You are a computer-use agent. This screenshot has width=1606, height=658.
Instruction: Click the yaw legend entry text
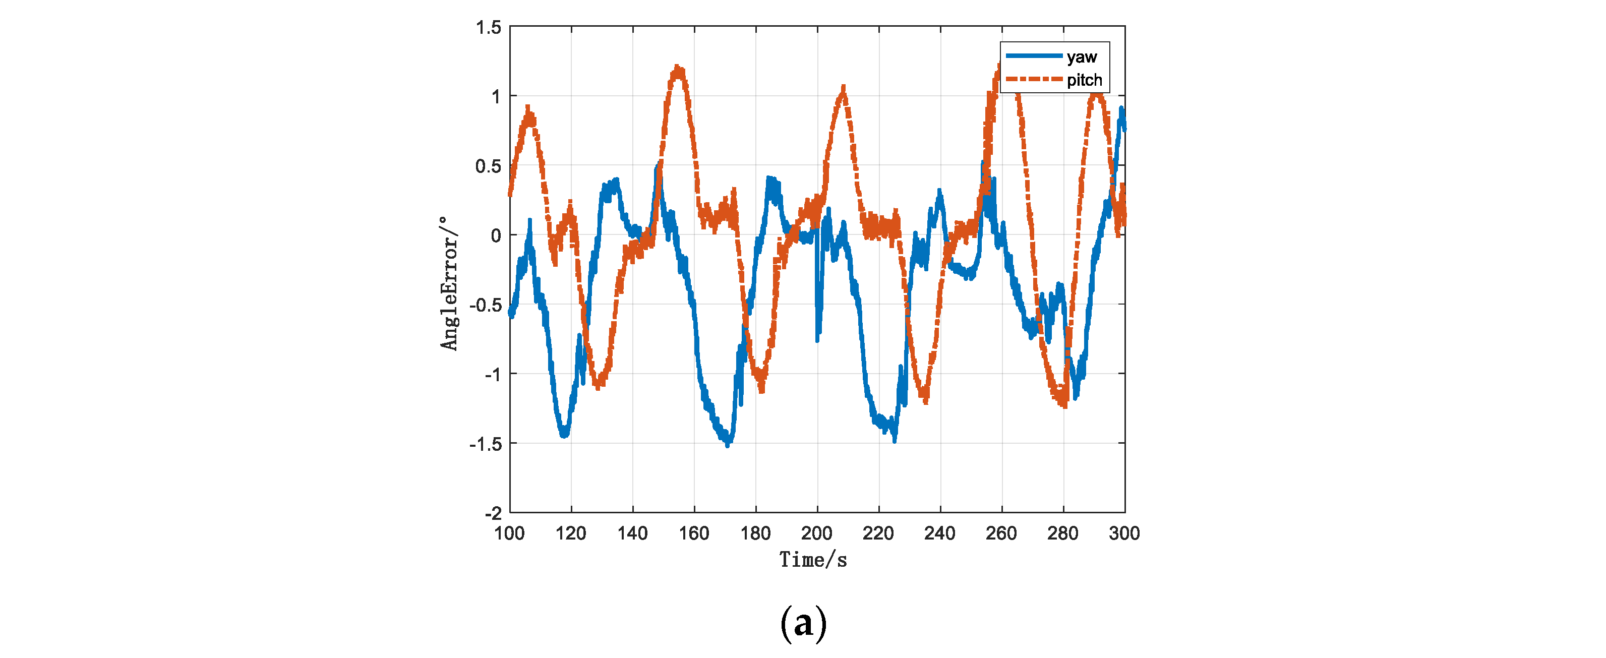[x=1081, y=57]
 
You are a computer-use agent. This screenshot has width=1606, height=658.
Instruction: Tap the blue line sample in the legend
[x=1034, y=56]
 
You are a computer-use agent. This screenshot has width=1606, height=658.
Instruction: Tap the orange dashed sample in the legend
[x=1034, y=79]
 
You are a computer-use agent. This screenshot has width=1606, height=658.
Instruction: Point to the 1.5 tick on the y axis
[x=488, y=27]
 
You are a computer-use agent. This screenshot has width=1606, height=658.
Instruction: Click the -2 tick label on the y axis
[x=493, y=513]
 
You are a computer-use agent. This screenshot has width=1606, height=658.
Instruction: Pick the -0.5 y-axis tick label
[x=485, y=306]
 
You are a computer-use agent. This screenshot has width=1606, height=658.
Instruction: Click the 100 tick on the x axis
[x=509, y=533]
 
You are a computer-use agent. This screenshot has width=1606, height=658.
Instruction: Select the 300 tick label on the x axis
[x=1124, y=533]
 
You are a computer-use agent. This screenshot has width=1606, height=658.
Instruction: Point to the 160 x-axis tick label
[x=694, y=533]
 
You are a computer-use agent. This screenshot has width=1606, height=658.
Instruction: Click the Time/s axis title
[x=813, y=560]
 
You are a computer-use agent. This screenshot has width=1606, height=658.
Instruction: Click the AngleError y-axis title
[x=449, y=284]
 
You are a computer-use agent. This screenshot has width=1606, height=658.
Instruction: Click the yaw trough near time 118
[x=564, y=434]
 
